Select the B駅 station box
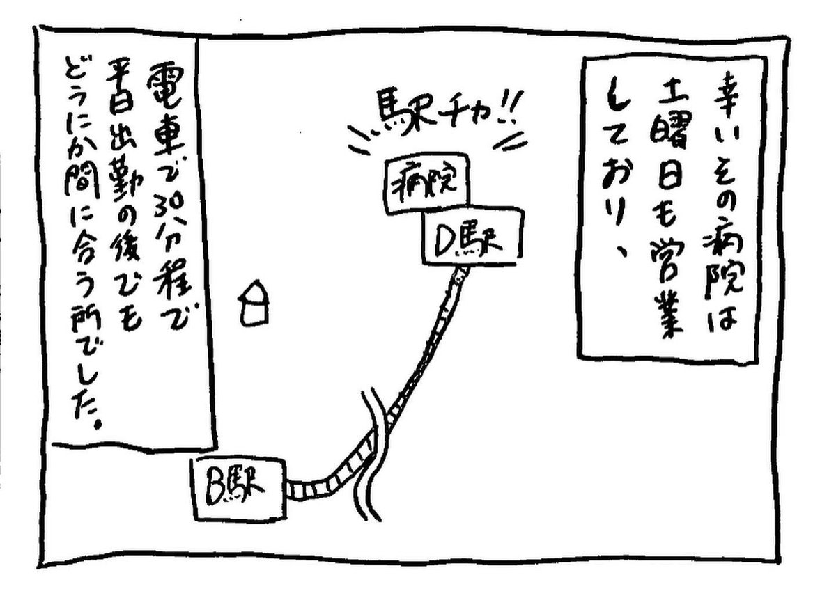click(x=238, y=489)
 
